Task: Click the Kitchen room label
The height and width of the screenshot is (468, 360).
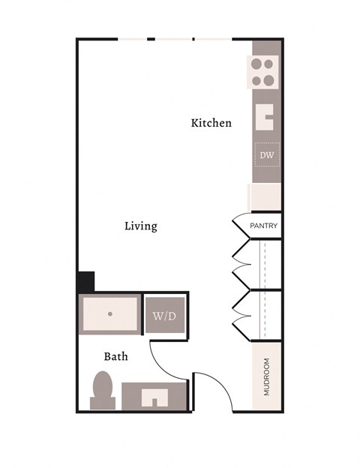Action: [211, 123]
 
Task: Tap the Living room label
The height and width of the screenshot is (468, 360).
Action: [140, 226]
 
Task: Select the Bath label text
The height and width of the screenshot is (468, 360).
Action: [115, 356]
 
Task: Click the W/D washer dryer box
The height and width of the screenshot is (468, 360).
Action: [164, 316]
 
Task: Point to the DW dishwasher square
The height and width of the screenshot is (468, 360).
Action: [266, 156]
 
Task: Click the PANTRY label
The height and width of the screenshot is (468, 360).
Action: [263, 226]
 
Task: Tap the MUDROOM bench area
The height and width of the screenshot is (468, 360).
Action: [266, 376]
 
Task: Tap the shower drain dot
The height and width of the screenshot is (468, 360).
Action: [109, 314]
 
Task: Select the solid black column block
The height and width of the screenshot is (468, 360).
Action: [85, 282]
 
